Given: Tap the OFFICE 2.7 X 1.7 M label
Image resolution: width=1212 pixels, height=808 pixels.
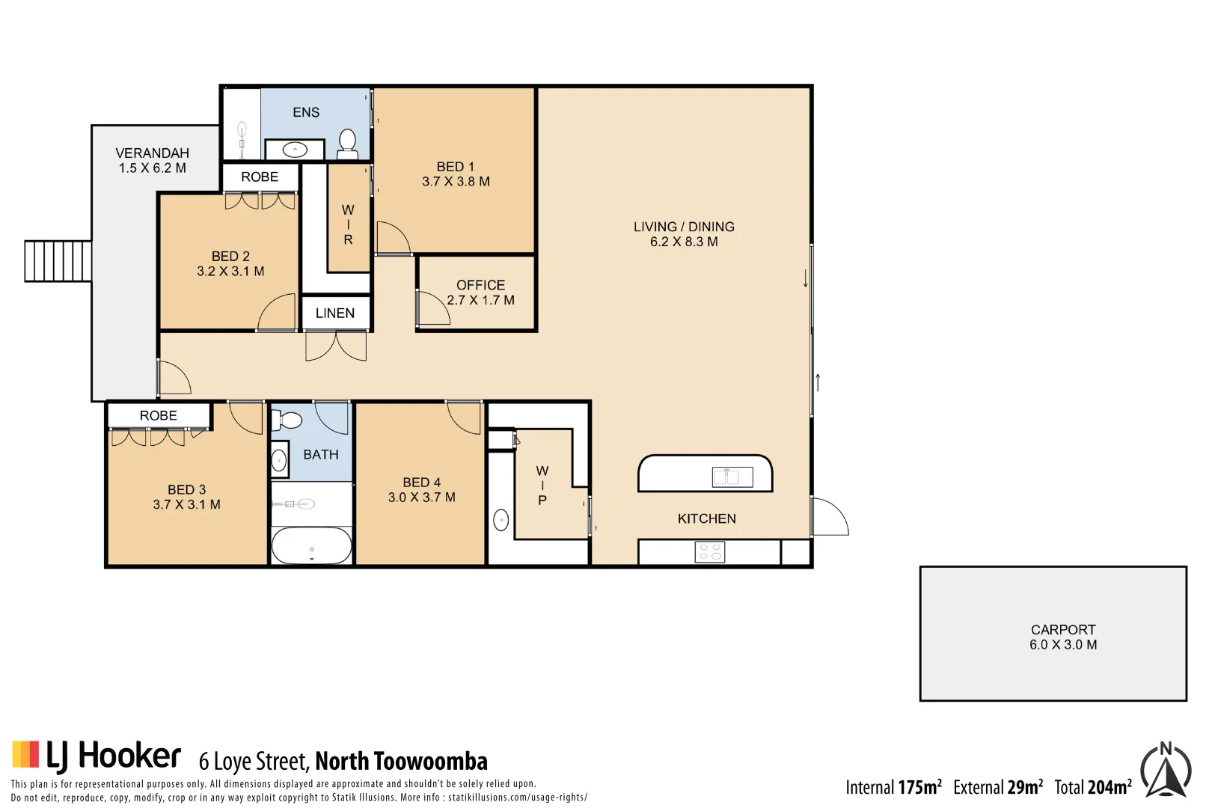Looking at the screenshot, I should pyautogui.click(x=480, y=293).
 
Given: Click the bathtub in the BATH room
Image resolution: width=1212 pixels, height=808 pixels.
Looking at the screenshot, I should pyautogui.click(x=311, y=545).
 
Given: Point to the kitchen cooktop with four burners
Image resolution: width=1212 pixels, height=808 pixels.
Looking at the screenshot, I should pyautogui.click(x=709, y=552).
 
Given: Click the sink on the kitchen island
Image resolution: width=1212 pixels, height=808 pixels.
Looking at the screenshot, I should pyautogui.click(x=732, y=477).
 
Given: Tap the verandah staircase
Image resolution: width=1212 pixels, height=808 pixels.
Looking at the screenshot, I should pyautogui.click(x=58, y=260).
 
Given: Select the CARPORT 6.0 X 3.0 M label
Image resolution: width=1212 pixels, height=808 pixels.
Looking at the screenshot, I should pyautogui.click(x=1062, y=637).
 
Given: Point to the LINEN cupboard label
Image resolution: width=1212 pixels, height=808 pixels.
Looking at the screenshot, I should pyautogui.click(x=334, y=313).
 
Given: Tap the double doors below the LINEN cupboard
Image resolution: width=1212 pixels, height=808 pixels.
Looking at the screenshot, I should pyautogui.click(x=336, y=346).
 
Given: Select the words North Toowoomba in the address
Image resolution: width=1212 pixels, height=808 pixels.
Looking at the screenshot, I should pyautogui.click(x=401, y=762).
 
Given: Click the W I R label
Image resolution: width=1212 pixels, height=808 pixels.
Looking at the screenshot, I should pyautogui.click(x=348, y=224).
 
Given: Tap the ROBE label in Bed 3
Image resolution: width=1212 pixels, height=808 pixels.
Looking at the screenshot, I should pyautogui.click(x=158, y=415).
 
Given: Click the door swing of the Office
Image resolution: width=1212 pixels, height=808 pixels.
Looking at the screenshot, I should pyautogui.click(x=432, y=308).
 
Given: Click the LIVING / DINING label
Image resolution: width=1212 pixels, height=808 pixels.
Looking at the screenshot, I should pyautogui.click(x=684, y=233).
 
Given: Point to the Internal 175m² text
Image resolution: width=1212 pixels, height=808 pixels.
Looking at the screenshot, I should pyautogui.click(x=893, y=787).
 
